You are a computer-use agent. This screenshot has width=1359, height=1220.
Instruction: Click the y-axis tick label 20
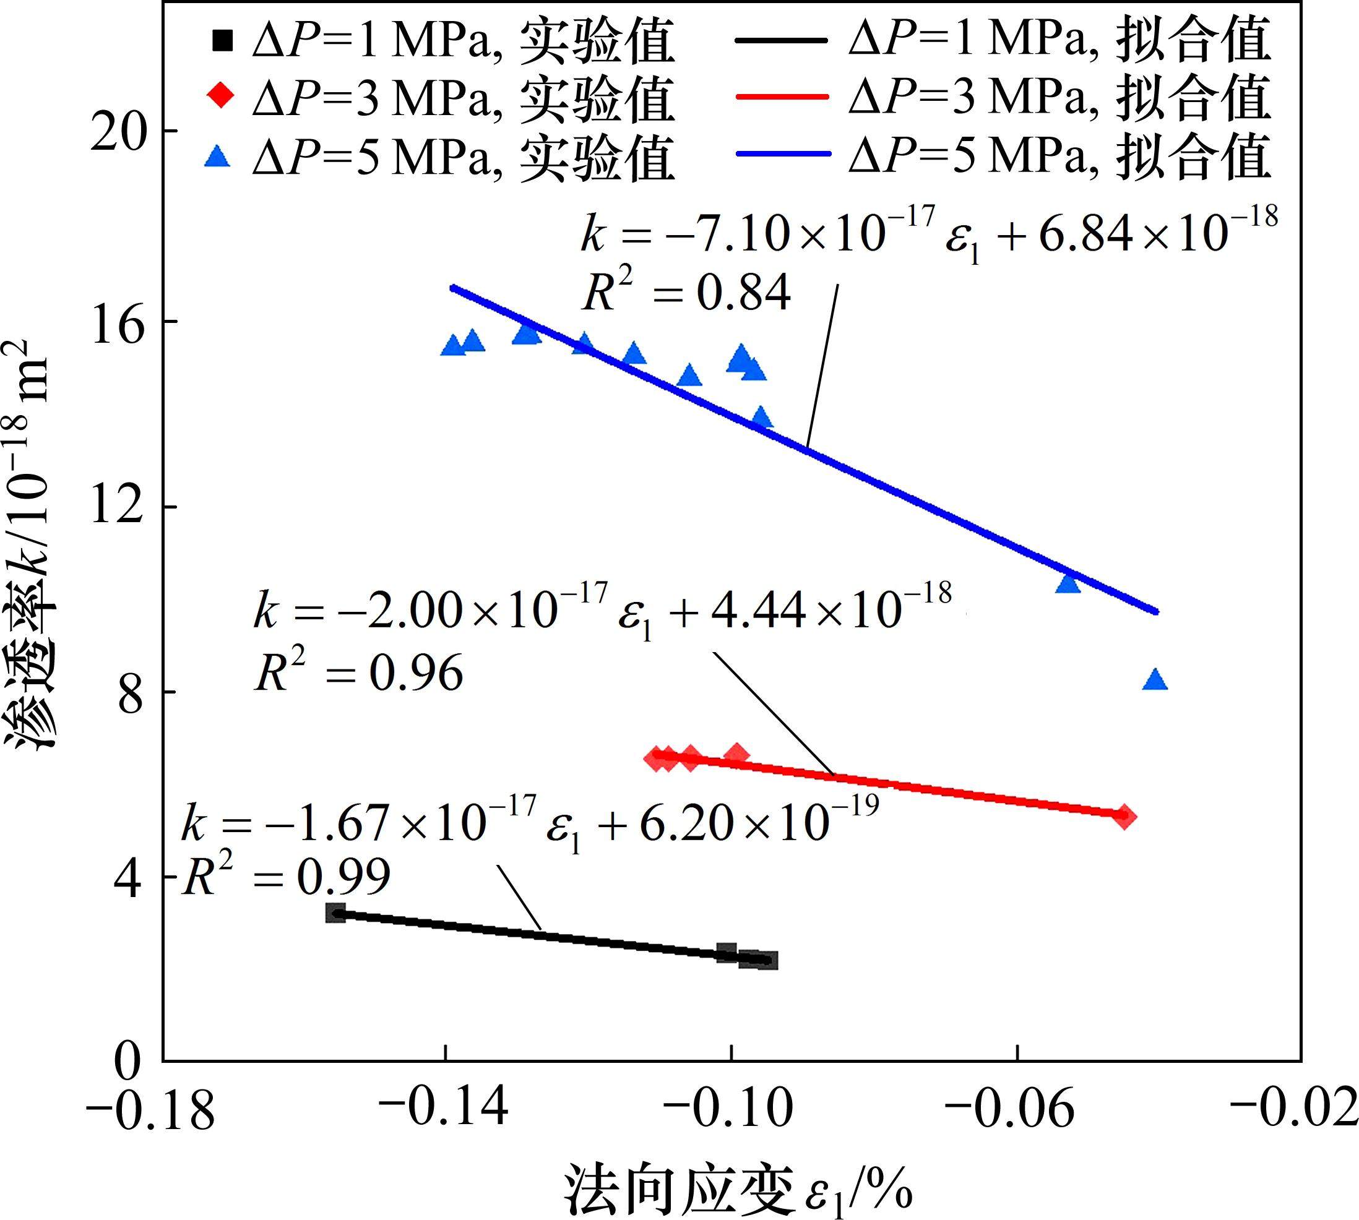[119, 131]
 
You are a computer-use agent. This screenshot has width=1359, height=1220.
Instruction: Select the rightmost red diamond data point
[1126, 816]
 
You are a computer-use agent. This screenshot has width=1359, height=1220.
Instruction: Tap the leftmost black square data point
[335, 913]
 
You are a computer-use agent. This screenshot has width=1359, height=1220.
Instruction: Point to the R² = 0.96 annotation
[358, 672]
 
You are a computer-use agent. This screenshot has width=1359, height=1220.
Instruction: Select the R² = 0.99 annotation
[287, 877]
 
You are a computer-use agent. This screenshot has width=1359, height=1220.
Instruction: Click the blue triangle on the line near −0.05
[1068, 584]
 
